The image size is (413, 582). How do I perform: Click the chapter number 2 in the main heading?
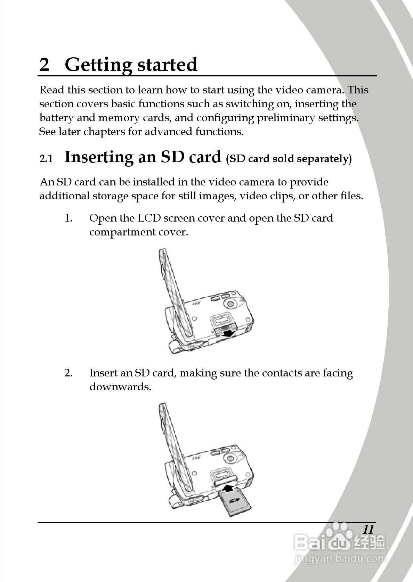(x=44, y=65)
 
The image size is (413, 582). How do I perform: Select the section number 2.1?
(x=46, y=159)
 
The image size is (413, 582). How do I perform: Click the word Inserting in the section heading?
(x=99, y=157)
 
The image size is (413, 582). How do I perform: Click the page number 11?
(x=368, y=530)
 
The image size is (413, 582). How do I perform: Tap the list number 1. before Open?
(x=68, y=218)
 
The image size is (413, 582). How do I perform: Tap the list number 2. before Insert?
(x=68, y=373)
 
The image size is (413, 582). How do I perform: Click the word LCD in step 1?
(x=149, y=218)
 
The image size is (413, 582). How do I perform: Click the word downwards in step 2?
(x=120, y=387)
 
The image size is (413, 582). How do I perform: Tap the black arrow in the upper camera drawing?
(x=228, y=334)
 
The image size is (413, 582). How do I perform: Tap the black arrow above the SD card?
(x=228, y=489)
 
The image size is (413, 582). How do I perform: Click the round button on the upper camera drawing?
(x=230, y=304)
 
